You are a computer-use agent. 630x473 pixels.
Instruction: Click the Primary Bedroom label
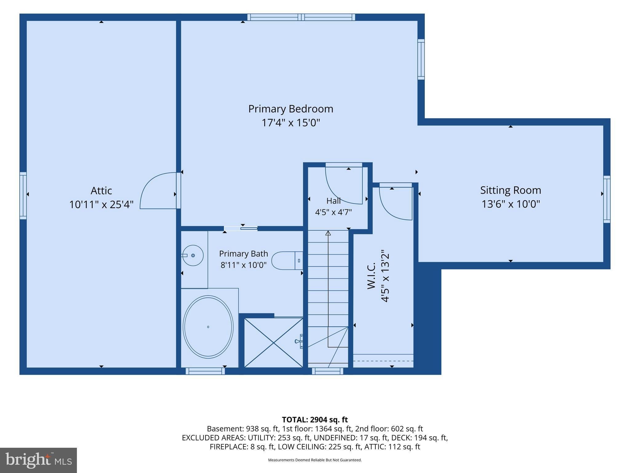[x=291, y=109]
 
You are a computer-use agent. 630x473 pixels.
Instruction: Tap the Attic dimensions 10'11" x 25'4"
[x=101, y=204]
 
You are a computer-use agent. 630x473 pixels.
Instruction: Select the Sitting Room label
[x=511, y=190]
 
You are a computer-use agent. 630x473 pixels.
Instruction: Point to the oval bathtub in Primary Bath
[x=208, y=327]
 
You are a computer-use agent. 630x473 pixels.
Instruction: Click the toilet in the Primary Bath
[x=287, y=261]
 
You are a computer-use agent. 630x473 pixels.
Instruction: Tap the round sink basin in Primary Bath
[x=193, y=255]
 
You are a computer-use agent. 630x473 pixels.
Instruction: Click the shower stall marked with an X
[x=273, y=342]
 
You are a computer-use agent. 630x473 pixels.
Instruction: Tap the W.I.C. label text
[x=372, y=276]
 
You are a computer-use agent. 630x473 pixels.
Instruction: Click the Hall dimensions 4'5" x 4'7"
[x=333, y=212]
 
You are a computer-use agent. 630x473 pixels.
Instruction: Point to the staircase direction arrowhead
[x=328, y=233]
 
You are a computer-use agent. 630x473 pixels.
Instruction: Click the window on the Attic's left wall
[x=23, y=196]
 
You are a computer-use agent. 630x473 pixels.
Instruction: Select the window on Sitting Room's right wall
[x=607, y=199]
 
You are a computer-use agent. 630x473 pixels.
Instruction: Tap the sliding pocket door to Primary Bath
[x=241, y=228]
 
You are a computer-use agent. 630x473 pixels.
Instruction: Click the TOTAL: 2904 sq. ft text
[x=315, y=420]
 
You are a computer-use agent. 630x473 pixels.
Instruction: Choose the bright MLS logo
[x=38, y=460]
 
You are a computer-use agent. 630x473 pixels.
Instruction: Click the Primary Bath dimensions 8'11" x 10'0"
[x=243, y=265]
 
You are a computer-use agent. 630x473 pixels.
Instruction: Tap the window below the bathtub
[x=205, y=371]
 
